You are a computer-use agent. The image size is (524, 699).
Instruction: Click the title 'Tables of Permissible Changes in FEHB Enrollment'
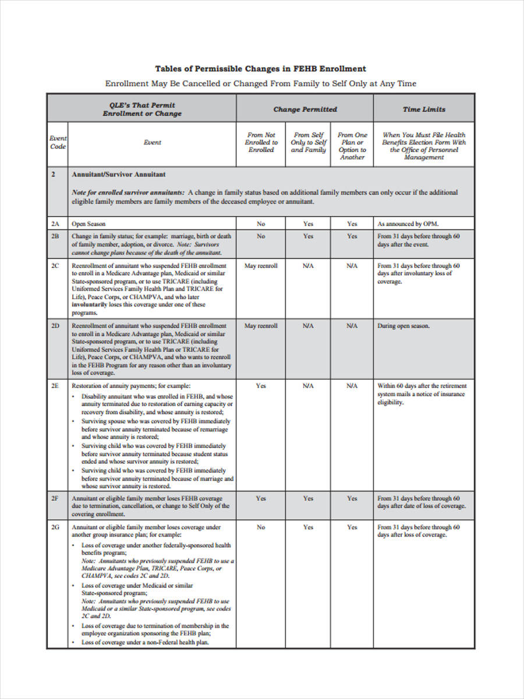[x=260, y=69]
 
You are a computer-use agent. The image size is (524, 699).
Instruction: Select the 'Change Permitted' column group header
[x=305, y=109]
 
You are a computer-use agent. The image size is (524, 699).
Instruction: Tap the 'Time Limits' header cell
[x=424, y=109]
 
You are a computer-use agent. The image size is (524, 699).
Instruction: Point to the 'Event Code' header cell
[x=58, y=142]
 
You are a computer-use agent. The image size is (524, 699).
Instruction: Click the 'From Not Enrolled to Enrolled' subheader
[x=261, y=142]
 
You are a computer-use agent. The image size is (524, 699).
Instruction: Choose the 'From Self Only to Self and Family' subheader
[x=308, y=142]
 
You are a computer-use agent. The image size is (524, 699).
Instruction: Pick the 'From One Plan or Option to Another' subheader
[x=352, y=146]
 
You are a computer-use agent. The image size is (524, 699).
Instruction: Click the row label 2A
[x=55, y=224]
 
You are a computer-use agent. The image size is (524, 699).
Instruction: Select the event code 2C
[x=55, y=266]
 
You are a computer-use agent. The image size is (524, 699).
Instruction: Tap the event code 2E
[x=55, y=386]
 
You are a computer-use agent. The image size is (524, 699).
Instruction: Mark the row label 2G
[x=55, y=527]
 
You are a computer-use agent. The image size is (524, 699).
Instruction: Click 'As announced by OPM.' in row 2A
[x=408, y=224]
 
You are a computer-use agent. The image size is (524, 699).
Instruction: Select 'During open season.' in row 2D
[x=403, y=326]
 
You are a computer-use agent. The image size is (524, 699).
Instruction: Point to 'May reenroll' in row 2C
[x=261, y=266]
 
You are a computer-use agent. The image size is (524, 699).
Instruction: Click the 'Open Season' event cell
[x=88, y=224]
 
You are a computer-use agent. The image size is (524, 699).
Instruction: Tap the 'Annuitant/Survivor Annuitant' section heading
[x=118, y=174]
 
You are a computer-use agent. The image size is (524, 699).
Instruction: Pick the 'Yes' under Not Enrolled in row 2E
[x=261, y=386]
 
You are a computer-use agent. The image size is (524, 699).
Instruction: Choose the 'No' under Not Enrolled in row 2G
[x=261, y=527]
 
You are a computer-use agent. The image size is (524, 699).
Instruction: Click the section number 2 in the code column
[x=53, y=174]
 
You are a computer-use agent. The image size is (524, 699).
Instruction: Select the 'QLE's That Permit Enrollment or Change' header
[x=142, y=109]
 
